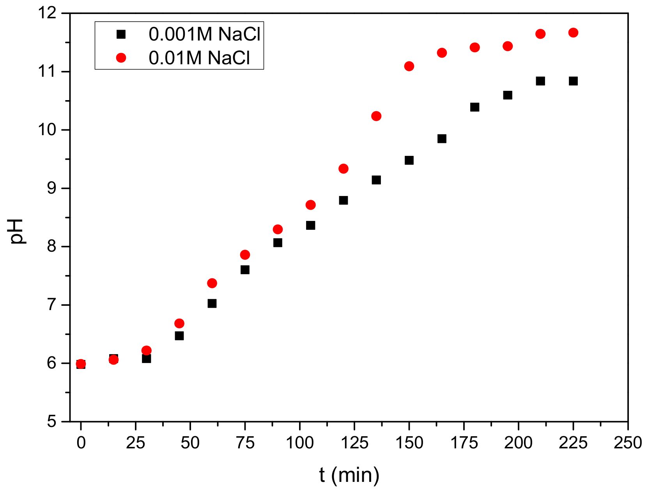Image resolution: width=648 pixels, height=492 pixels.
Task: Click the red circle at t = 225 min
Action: point(573,33)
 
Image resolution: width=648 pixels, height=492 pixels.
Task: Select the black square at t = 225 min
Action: point(573,81)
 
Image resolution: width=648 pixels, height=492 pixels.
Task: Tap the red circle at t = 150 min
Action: point(409,66)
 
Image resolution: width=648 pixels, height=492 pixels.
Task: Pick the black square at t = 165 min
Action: point(442,139)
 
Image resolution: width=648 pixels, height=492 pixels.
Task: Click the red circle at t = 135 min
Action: point(376,116)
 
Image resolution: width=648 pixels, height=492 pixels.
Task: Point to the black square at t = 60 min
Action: point(212,303)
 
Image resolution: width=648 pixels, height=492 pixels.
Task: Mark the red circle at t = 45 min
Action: point(179,323)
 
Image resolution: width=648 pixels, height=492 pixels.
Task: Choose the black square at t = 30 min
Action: point(147,358)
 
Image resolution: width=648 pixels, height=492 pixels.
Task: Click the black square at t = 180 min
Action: point(474,107)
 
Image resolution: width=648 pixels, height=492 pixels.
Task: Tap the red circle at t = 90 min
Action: point(278,229)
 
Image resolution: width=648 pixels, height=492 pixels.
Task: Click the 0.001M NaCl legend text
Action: point(204,35)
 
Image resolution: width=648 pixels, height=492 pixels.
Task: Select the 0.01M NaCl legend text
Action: point(199,58)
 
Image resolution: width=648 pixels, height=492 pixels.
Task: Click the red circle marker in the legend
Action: point(121,58)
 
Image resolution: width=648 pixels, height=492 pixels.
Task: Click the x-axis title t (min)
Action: point(349,475)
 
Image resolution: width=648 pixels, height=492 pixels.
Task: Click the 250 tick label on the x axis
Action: point(627,443)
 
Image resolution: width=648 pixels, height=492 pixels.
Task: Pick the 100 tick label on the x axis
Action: point(299,443)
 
